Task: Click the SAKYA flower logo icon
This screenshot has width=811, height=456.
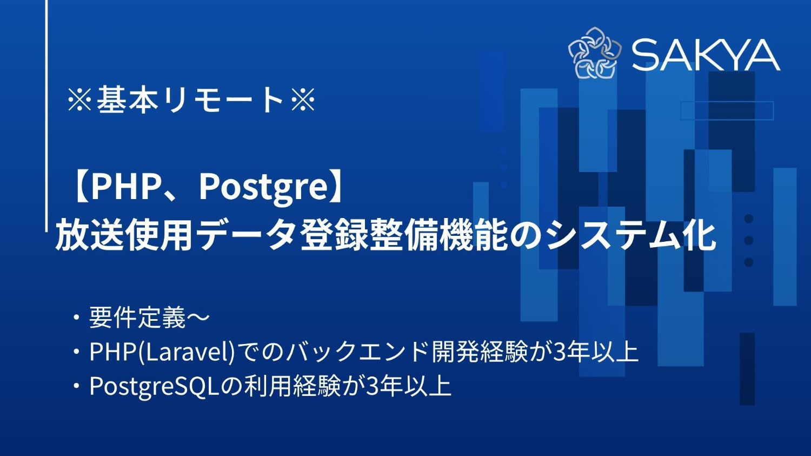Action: (x=595, y=53)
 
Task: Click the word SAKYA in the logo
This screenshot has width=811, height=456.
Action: (x=706, y=55)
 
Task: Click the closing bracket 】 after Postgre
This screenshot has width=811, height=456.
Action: (x=340, y=186)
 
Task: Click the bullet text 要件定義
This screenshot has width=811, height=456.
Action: (x=137, y=318)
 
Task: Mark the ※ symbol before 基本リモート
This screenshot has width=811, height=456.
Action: (x=79, y=101)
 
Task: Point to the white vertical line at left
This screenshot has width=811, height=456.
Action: (x=47, y=108)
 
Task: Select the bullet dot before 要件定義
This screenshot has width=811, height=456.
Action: (x=77, y=318)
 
